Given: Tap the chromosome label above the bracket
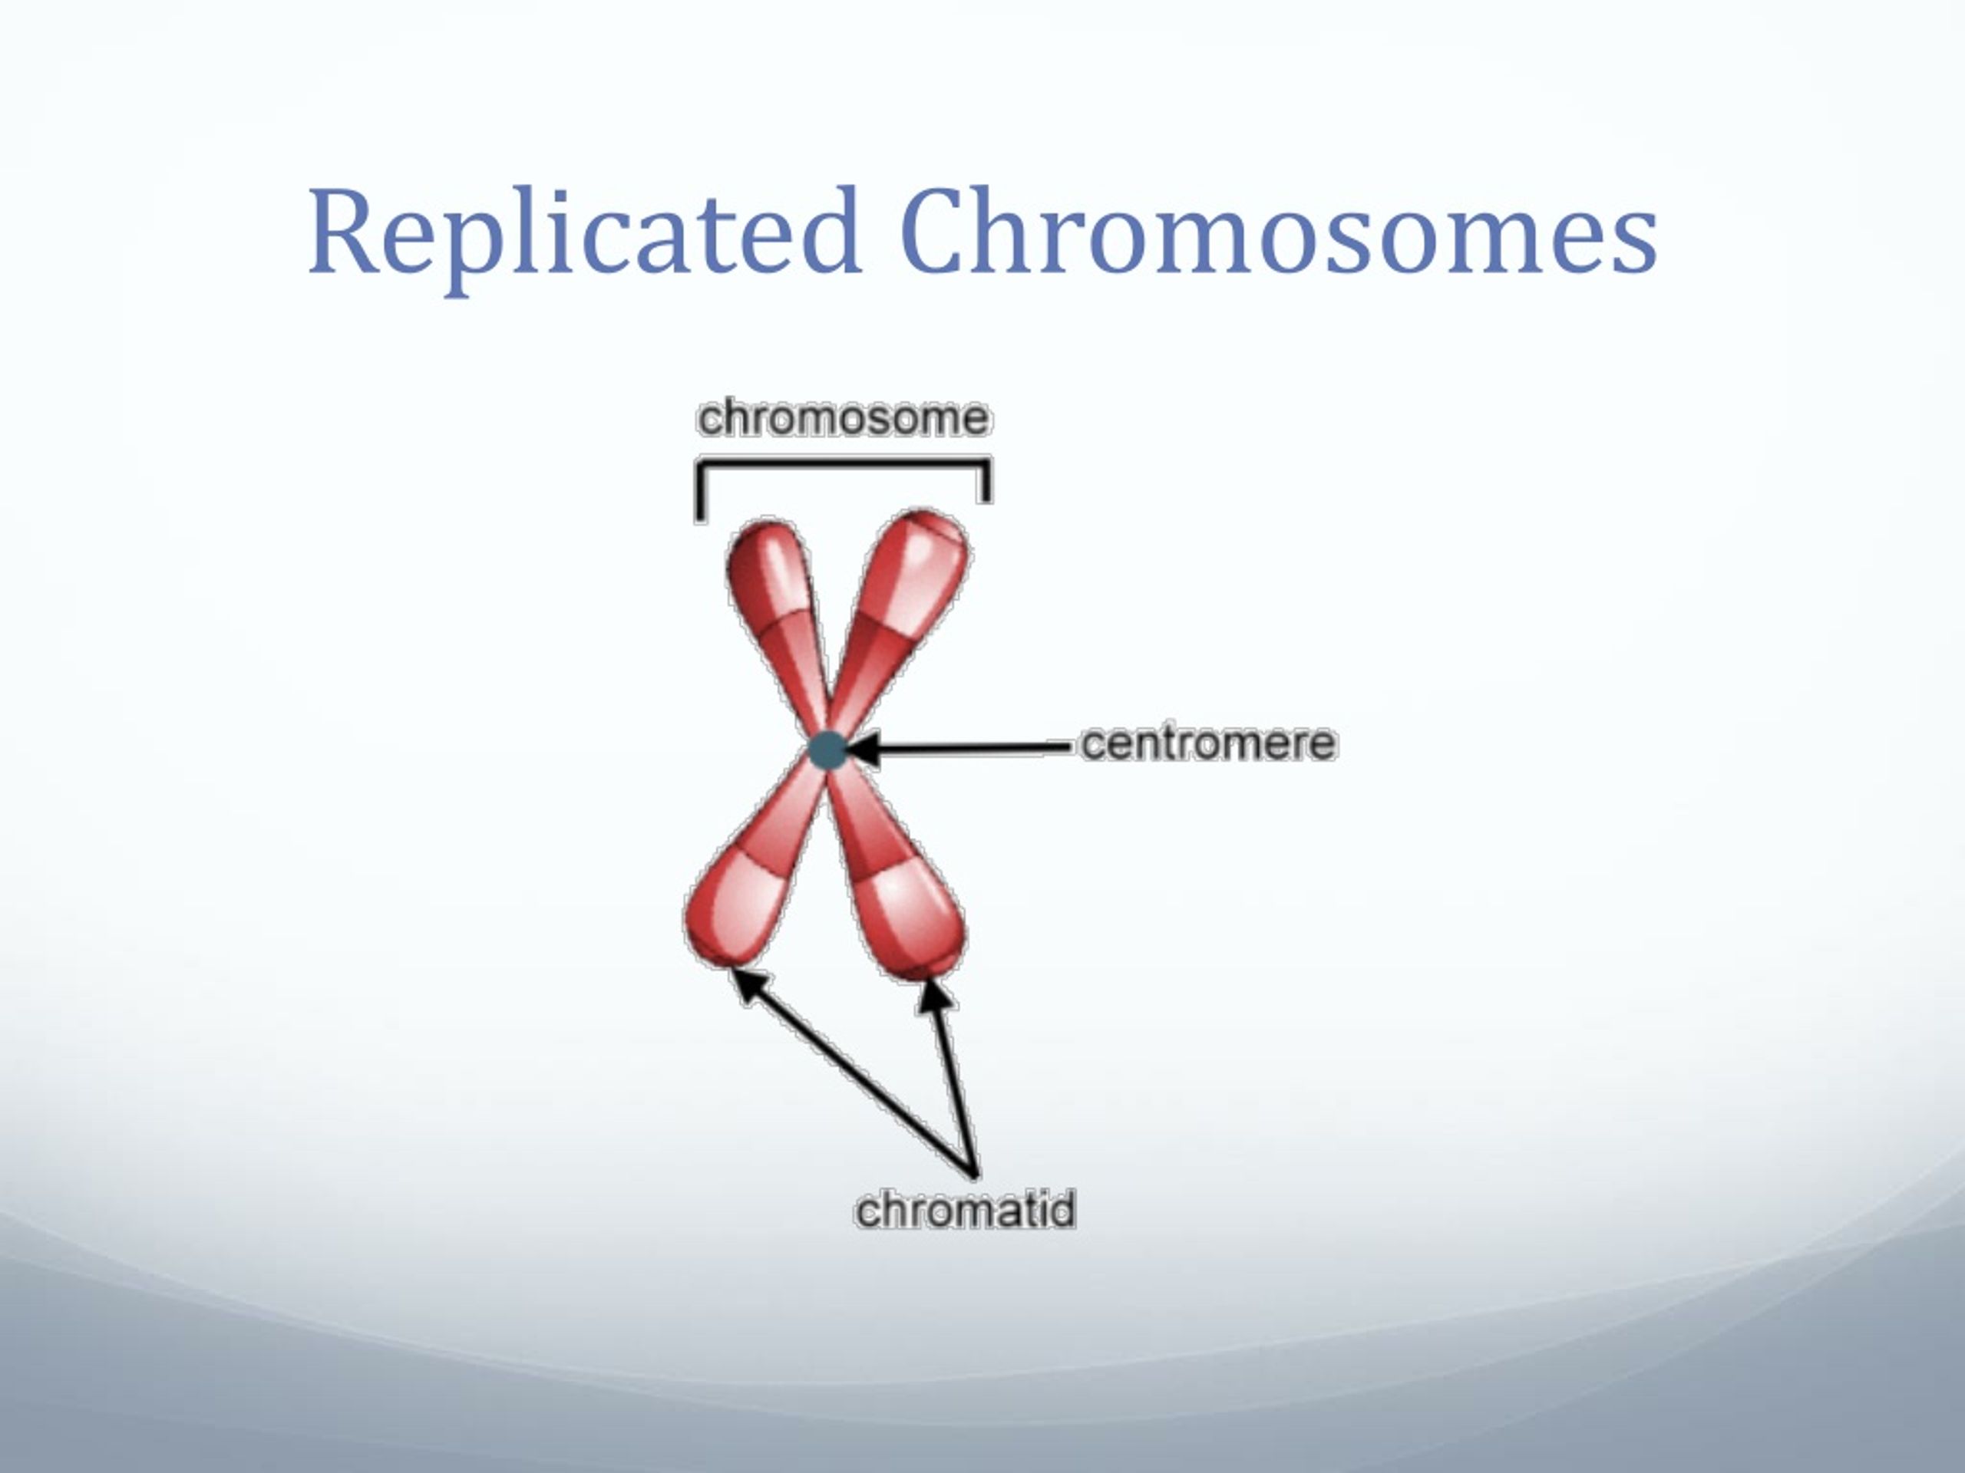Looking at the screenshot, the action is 842,417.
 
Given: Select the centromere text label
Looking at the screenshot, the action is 1208,743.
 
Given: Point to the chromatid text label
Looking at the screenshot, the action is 965,1208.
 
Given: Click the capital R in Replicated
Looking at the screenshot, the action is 345,230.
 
